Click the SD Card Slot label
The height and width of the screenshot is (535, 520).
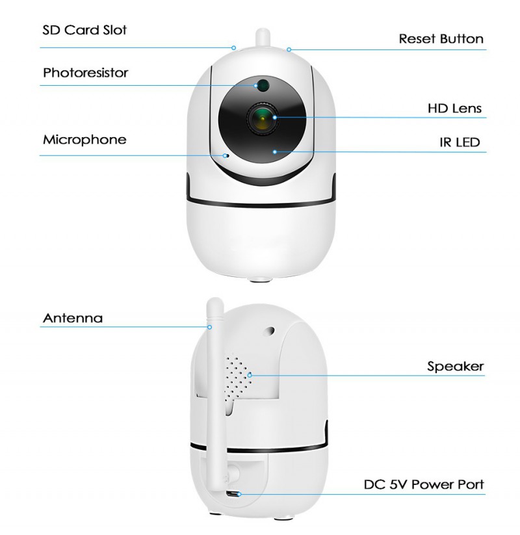(x=84, y=30)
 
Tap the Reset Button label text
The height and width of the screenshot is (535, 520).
(x=441, y=39)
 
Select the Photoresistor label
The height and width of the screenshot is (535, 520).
(x=85, y=73)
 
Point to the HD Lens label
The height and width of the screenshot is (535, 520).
(x=454, y=109)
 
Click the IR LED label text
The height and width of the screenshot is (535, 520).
(x=460, y=142)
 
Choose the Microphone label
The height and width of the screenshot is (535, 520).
(x=84, y=140)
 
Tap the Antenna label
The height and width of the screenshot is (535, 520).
(x=73, y=318)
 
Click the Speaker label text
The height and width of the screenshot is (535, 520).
(x=456, y=367)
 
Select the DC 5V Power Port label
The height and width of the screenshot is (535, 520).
(x=424, y=484)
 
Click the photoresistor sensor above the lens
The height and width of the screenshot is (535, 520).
(x=263, y=85)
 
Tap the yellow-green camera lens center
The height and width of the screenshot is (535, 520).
(x=263, y=119)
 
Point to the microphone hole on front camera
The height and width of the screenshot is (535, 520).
(x=226, y=156)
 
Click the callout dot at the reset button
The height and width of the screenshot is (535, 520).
(x=289, y=50)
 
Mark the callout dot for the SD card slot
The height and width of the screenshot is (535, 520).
(x=234, y=48)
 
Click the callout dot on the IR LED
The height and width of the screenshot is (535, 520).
(x=275, y=152)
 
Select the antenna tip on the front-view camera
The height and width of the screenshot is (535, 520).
(x=263, y=31)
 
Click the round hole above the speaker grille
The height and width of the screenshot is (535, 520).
(x=270, y=330)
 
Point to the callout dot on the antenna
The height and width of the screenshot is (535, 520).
(x=210, y=327)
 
